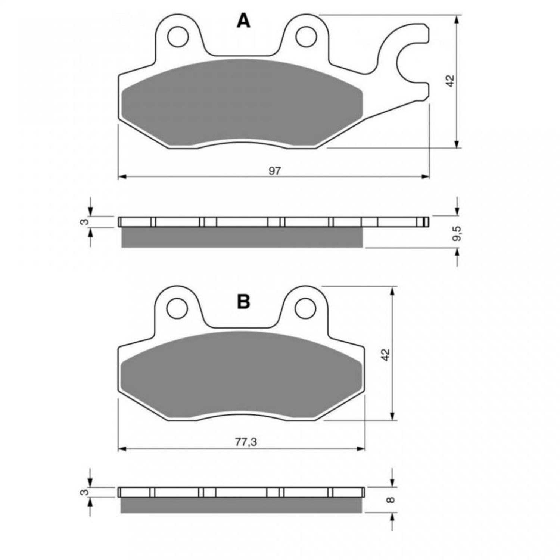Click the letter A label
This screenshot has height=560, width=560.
[x=243, y=21]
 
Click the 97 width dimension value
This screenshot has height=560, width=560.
[x=275, y=171]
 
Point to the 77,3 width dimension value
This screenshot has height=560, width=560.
[x=246, y=442]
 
